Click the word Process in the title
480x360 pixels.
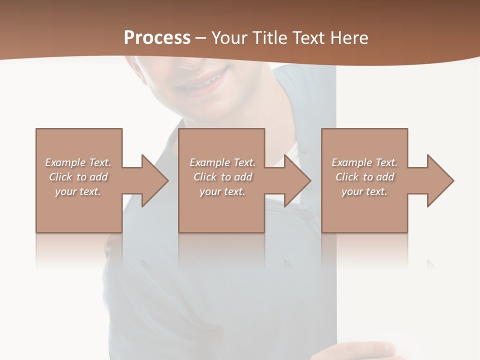tap(157, 37)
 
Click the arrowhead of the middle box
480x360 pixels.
tap(297, 180)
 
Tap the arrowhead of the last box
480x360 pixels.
tap(440, 180)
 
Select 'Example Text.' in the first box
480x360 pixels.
tap(78, 162)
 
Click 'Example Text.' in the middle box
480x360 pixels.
tap(222, 162)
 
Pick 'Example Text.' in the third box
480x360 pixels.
tap(364, 162)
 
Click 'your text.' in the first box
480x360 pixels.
tap(78, 191)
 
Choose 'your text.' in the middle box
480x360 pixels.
tap(222, 191)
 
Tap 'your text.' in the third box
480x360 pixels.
tap(364, 191)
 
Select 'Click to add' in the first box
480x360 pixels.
tap(78, 177)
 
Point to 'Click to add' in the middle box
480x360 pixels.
tap(222, 177)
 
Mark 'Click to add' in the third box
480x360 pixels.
tap(364, 177)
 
